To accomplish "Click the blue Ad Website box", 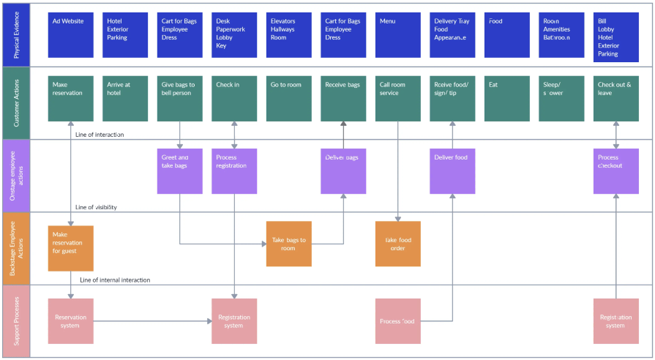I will coord(70,35).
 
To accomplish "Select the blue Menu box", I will coord(398,35).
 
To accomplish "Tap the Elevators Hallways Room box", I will coord(288,35).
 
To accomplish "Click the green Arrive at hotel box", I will coord(125,98).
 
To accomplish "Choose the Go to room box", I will coord(288,98).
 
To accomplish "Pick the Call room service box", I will coord(398,98).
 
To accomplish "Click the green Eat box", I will coord(507,98).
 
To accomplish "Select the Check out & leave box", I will coord(616,98).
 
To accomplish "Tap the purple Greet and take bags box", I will coord(180,171).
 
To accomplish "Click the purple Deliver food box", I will coord(452,171).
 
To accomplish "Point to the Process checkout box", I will coord(616,171).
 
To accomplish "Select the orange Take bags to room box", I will coord(288,244).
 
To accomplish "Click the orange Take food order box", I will coord(398,244).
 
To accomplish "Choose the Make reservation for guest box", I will coord(70,248).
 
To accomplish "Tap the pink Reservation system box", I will coord(70,321).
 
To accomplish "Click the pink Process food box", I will coord(398,321).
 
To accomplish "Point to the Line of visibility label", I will coord(95,207).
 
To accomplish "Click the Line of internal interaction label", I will coord(115,280).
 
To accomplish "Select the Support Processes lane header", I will coord(15,321).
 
